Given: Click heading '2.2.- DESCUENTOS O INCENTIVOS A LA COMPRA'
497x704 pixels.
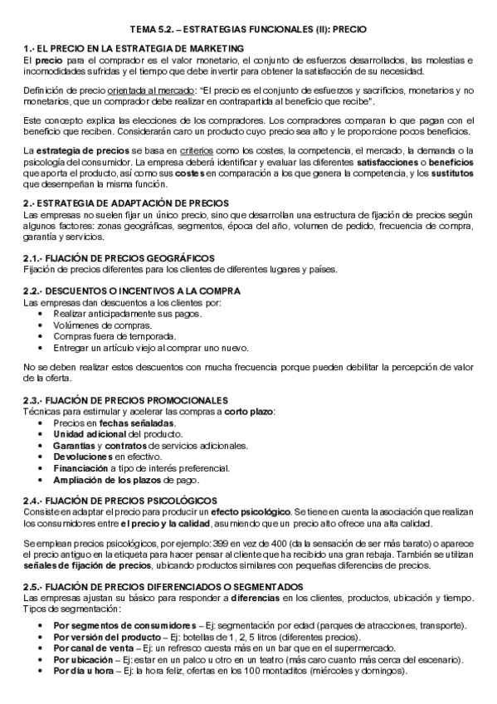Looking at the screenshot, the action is [x=132, y=291].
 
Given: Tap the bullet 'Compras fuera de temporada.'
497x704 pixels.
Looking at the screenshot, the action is [x=103, y=336].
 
